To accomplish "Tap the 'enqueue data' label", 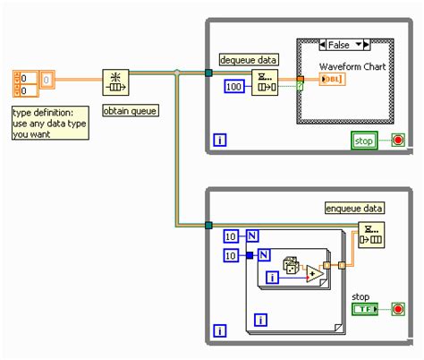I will point(353,208).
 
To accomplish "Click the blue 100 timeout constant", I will point(232,88).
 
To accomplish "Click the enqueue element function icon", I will point(371,235).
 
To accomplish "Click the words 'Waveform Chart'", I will point(347,65).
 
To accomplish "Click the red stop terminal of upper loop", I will point(397,140).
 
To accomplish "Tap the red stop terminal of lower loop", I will point(397,309).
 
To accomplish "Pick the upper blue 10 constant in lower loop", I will point(231,236).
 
